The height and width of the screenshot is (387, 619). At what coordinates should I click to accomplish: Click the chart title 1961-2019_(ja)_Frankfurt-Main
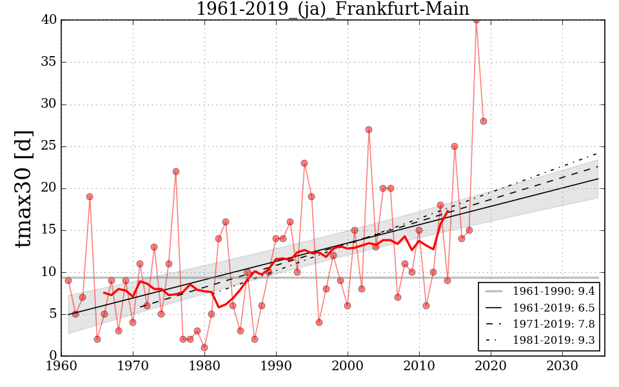[333, 9]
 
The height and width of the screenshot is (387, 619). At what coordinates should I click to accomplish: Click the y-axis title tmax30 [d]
[24, 188]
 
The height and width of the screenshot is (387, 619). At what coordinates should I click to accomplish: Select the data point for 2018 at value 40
[477, 20]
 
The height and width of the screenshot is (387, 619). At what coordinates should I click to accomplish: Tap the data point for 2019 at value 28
[484, 121]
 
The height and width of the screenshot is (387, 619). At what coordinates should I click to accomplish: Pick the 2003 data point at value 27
[369, 130]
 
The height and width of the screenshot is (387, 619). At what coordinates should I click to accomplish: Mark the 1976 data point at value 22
[176, 172]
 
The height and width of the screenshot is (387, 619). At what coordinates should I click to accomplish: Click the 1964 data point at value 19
[90, 197]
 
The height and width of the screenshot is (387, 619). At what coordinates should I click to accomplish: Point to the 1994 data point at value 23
[304, 163]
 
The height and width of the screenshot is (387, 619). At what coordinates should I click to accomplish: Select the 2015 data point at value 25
[455, 146]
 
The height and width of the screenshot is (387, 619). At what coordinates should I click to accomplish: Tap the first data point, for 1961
[68, 281]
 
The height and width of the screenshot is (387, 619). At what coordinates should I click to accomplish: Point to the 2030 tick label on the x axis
[562, 366]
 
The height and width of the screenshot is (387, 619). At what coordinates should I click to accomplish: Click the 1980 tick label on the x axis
[205, 366]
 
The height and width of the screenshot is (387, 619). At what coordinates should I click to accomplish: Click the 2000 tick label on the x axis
[348, 366]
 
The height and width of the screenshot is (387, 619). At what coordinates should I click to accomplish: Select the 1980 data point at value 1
[204, 348]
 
